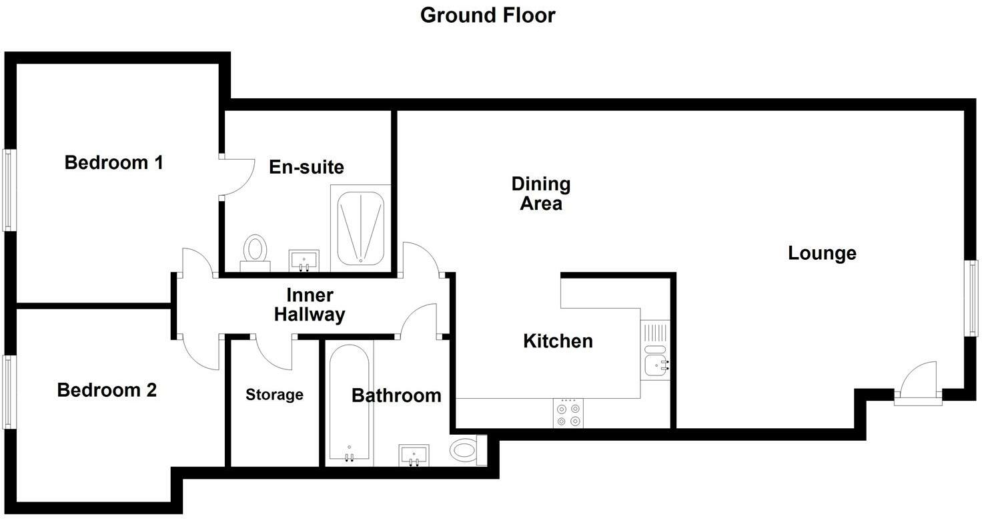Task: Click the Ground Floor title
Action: click(488, 16)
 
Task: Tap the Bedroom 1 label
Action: click(114, 162)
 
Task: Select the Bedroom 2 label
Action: click(107, 390)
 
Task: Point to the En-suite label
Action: click(306, 167)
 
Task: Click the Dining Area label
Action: click(541, 193)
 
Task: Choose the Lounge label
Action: click(822, 253)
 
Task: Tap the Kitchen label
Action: click(558, 341)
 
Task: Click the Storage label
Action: click(274, 394)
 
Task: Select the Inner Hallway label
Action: click(310, 305)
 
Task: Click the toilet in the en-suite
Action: click(255, 253)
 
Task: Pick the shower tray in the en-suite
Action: click(360, 228)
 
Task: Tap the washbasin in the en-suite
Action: click(304, 261)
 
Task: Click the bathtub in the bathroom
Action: click(350, 402)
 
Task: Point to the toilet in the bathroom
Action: click(468, 450)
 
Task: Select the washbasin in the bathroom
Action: click(414, 456)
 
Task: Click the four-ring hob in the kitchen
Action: click(568, 413)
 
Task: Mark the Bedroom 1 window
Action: click(9, 190)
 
